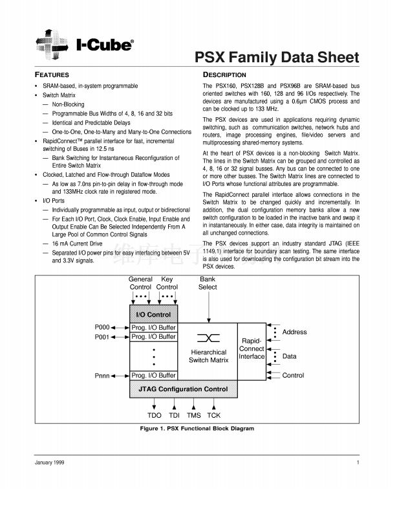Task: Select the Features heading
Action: [52, 75]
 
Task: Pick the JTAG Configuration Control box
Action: [184, 389]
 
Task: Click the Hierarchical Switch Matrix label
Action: [209, 356]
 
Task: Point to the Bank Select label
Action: [208, 283]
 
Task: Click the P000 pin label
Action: [103, 327]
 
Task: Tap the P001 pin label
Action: [103, 337]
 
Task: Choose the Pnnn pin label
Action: [103, 375]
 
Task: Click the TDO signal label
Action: [155, 415]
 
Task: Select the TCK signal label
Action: [213, 415]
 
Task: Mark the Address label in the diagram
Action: [294, 332]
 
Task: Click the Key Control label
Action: [167, 283]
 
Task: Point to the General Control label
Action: [140, 283]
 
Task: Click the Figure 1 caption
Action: [197, 428]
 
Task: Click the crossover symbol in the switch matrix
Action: [209, 338]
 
